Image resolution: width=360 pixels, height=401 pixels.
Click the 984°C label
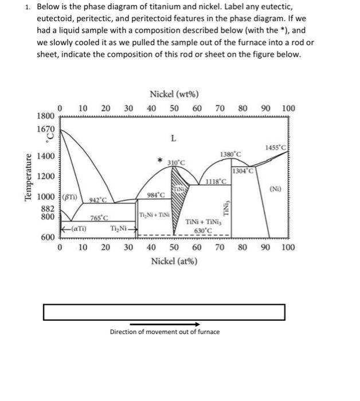tap(155, 195)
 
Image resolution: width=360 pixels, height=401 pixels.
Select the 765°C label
tap(99, 218)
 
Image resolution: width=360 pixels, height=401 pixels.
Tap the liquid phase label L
tap(173, 137)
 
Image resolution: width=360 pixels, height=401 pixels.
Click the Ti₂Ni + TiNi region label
tap(153, 214)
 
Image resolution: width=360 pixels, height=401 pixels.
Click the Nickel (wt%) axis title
tap(173, 95)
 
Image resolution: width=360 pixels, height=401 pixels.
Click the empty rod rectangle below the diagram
tap(164, 312)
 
